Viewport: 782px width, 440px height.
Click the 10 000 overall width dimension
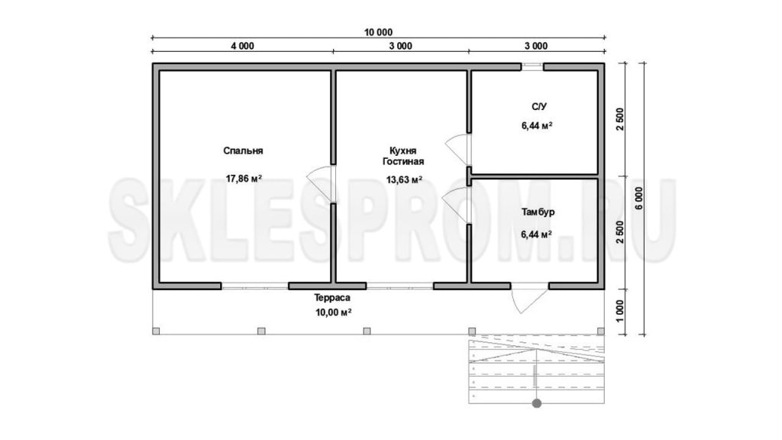pos(378,32)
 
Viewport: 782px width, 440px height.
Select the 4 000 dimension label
pos(242,46)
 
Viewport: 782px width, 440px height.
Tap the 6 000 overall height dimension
pos(639,198)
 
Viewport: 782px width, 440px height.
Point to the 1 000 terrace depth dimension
pos(619,311)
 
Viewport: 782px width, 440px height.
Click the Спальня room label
pos(243,150)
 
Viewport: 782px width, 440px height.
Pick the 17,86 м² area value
pos(244,178)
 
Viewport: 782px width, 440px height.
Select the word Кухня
pos(403,150)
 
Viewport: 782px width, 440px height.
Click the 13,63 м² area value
pos(404,180)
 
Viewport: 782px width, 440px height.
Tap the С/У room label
pos(538,107)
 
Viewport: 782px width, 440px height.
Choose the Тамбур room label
pos(538,212)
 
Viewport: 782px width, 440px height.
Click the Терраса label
pos(332,298)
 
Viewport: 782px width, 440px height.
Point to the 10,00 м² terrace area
pos(333,312)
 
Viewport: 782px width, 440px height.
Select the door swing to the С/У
pos(457,150)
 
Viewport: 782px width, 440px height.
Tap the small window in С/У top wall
pos(532,64)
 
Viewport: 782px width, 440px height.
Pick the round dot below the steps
pos(537,403)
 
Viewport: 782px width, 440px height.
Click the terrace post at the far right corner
pos(600,331)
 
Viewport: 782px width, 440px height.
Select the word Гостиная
pos(403,162)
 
